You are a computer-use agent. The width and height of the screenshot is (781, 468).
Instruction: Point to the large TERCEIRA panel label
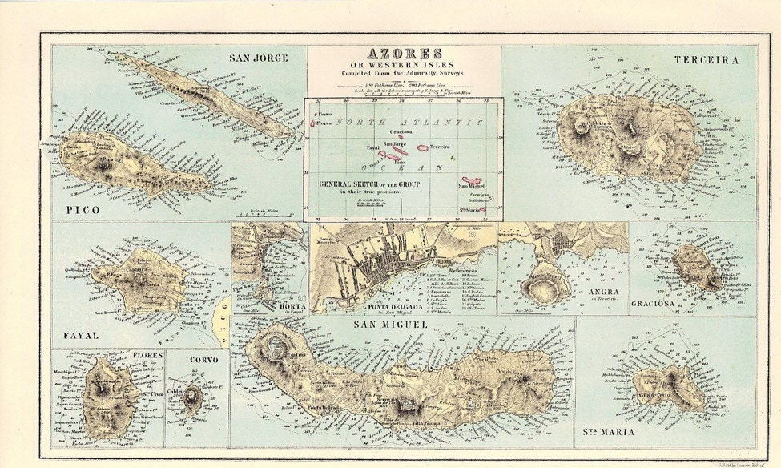pyautogui.click(x=706, y=60)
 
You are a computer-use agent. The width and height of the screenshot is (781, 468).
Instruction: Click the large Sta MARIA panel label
pyautogui.click(x=606, y=433)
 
